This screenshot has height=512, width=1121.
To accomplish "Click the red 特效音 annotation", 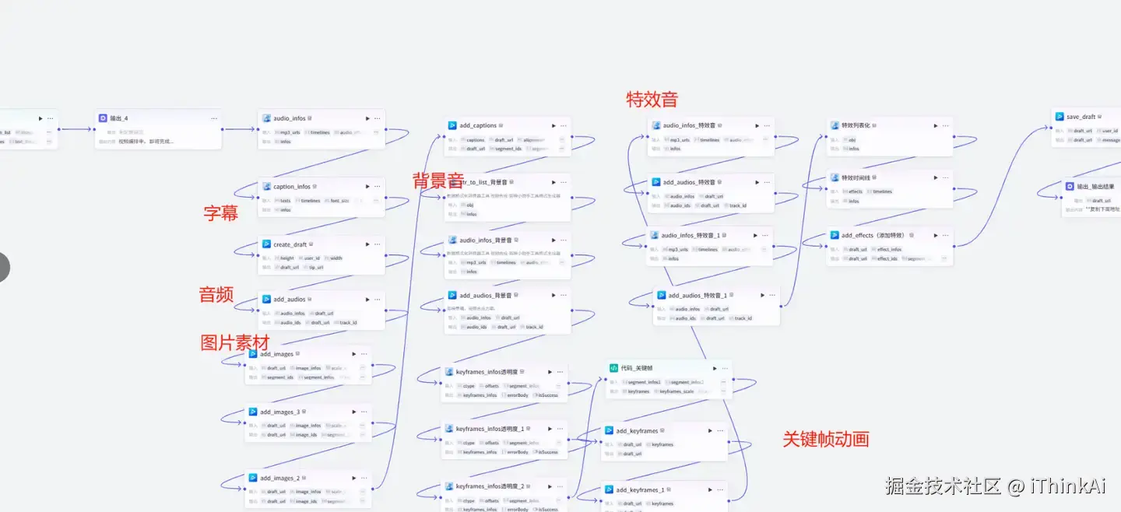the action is [x=652, y=100].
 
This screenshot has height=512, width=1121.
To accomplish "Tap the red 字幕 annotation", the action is [x=221, y=213].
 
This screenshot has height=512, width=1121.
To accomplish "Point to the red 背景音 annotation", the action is [x=438, y=181].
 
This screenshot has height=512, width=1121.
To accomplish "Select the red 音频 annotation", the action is [x=216, y=294].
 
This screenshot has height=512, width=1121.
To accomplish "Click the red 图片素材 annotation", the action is [x=235, y=342].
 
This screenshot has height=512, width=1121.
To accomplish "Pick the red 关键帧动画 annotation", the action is [x=826, y=439].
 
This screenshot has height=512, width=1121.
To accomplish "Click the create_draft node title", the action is [x=290, y=244].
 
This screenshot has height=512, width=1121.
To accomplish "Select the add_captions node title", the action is [x=478, y=125].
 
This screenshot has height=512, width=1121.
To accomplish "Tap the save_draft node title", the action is [x=1081, y=117].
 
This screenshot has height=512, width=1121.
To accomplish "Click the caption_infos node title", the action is [x=292, y=187].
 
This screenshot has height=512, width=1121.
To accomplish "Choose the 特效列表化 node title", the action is [x=856, y=125].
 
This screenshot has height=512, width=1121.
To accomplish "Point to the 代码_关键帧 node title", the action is [x=637, y=368].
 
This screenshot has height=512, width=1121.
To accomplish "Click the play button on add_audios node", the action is [x=366, y=300].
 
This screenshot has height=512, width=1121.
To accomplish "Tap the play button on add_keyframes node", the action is [x=710, y=431].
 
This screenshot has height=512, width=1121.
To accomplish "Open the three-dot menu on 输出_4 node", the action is [x=213, y=118].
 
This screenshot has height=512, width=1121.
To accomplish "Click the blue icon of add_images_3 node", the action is [x=253, y=412].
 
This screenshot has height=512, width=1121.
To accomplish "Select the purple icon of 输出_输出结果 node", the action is [x=1070, y=187].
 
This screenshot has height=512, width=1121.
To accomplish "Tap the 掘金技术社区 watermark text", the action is [x=943, y=486].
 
